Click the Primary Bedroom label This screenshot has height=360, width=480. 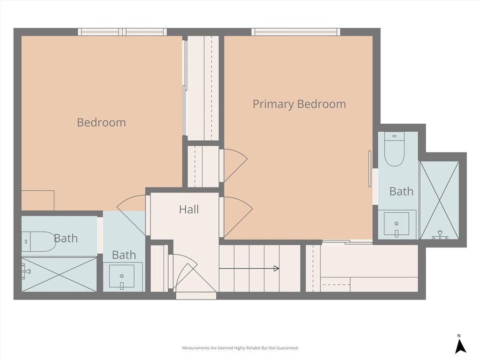pyautogui.click(x=300, y=104)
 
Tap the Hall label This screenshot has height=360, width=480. pyautogui.click(x=189, y=210)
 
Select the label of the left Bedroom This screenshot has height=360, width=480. pyautogui.click(x=101, y=122)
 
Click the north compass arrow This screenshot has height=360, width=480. pyautogui.click(x=460, y=346)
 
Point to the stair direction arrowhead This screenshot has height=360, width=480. pyautogui.click(x=276, y=269)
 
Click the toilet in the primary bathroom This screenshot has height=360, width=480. pyautogui.click(x=395, y=149)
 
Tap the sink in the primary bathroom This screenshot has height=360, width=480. pyautogui.click(x=397, y=224)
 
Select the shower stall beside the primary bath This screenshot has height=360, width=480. pyautogui.click(x=439, y=200)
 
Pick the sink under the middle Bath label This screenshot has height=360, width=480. pyautogui.click(x=122, y=277)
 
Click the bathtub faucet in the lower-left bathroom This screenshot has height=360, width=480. pyautogui.click(x=26, y=271)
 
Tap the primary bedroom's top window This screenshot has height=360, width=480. pyautogui.click(x=296, y=32)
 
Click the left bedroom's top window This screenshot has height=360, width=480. pyautogui.click(x=122, y=32)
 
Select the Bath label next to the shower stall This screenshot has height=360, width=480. pyautogui.click(x=401, y=191)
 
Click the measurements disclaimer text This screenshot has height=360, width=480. pyautogui.click(x=240, y=348)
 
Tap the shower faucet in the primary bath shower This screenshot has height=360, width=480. pyautogui.click(x=440, y=235)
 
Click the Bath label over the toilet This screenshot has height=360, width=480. pyautogui.click(x=66, y=238)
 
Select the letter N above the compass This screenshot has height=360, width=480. pyautogui.click(x=459, y=336)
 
